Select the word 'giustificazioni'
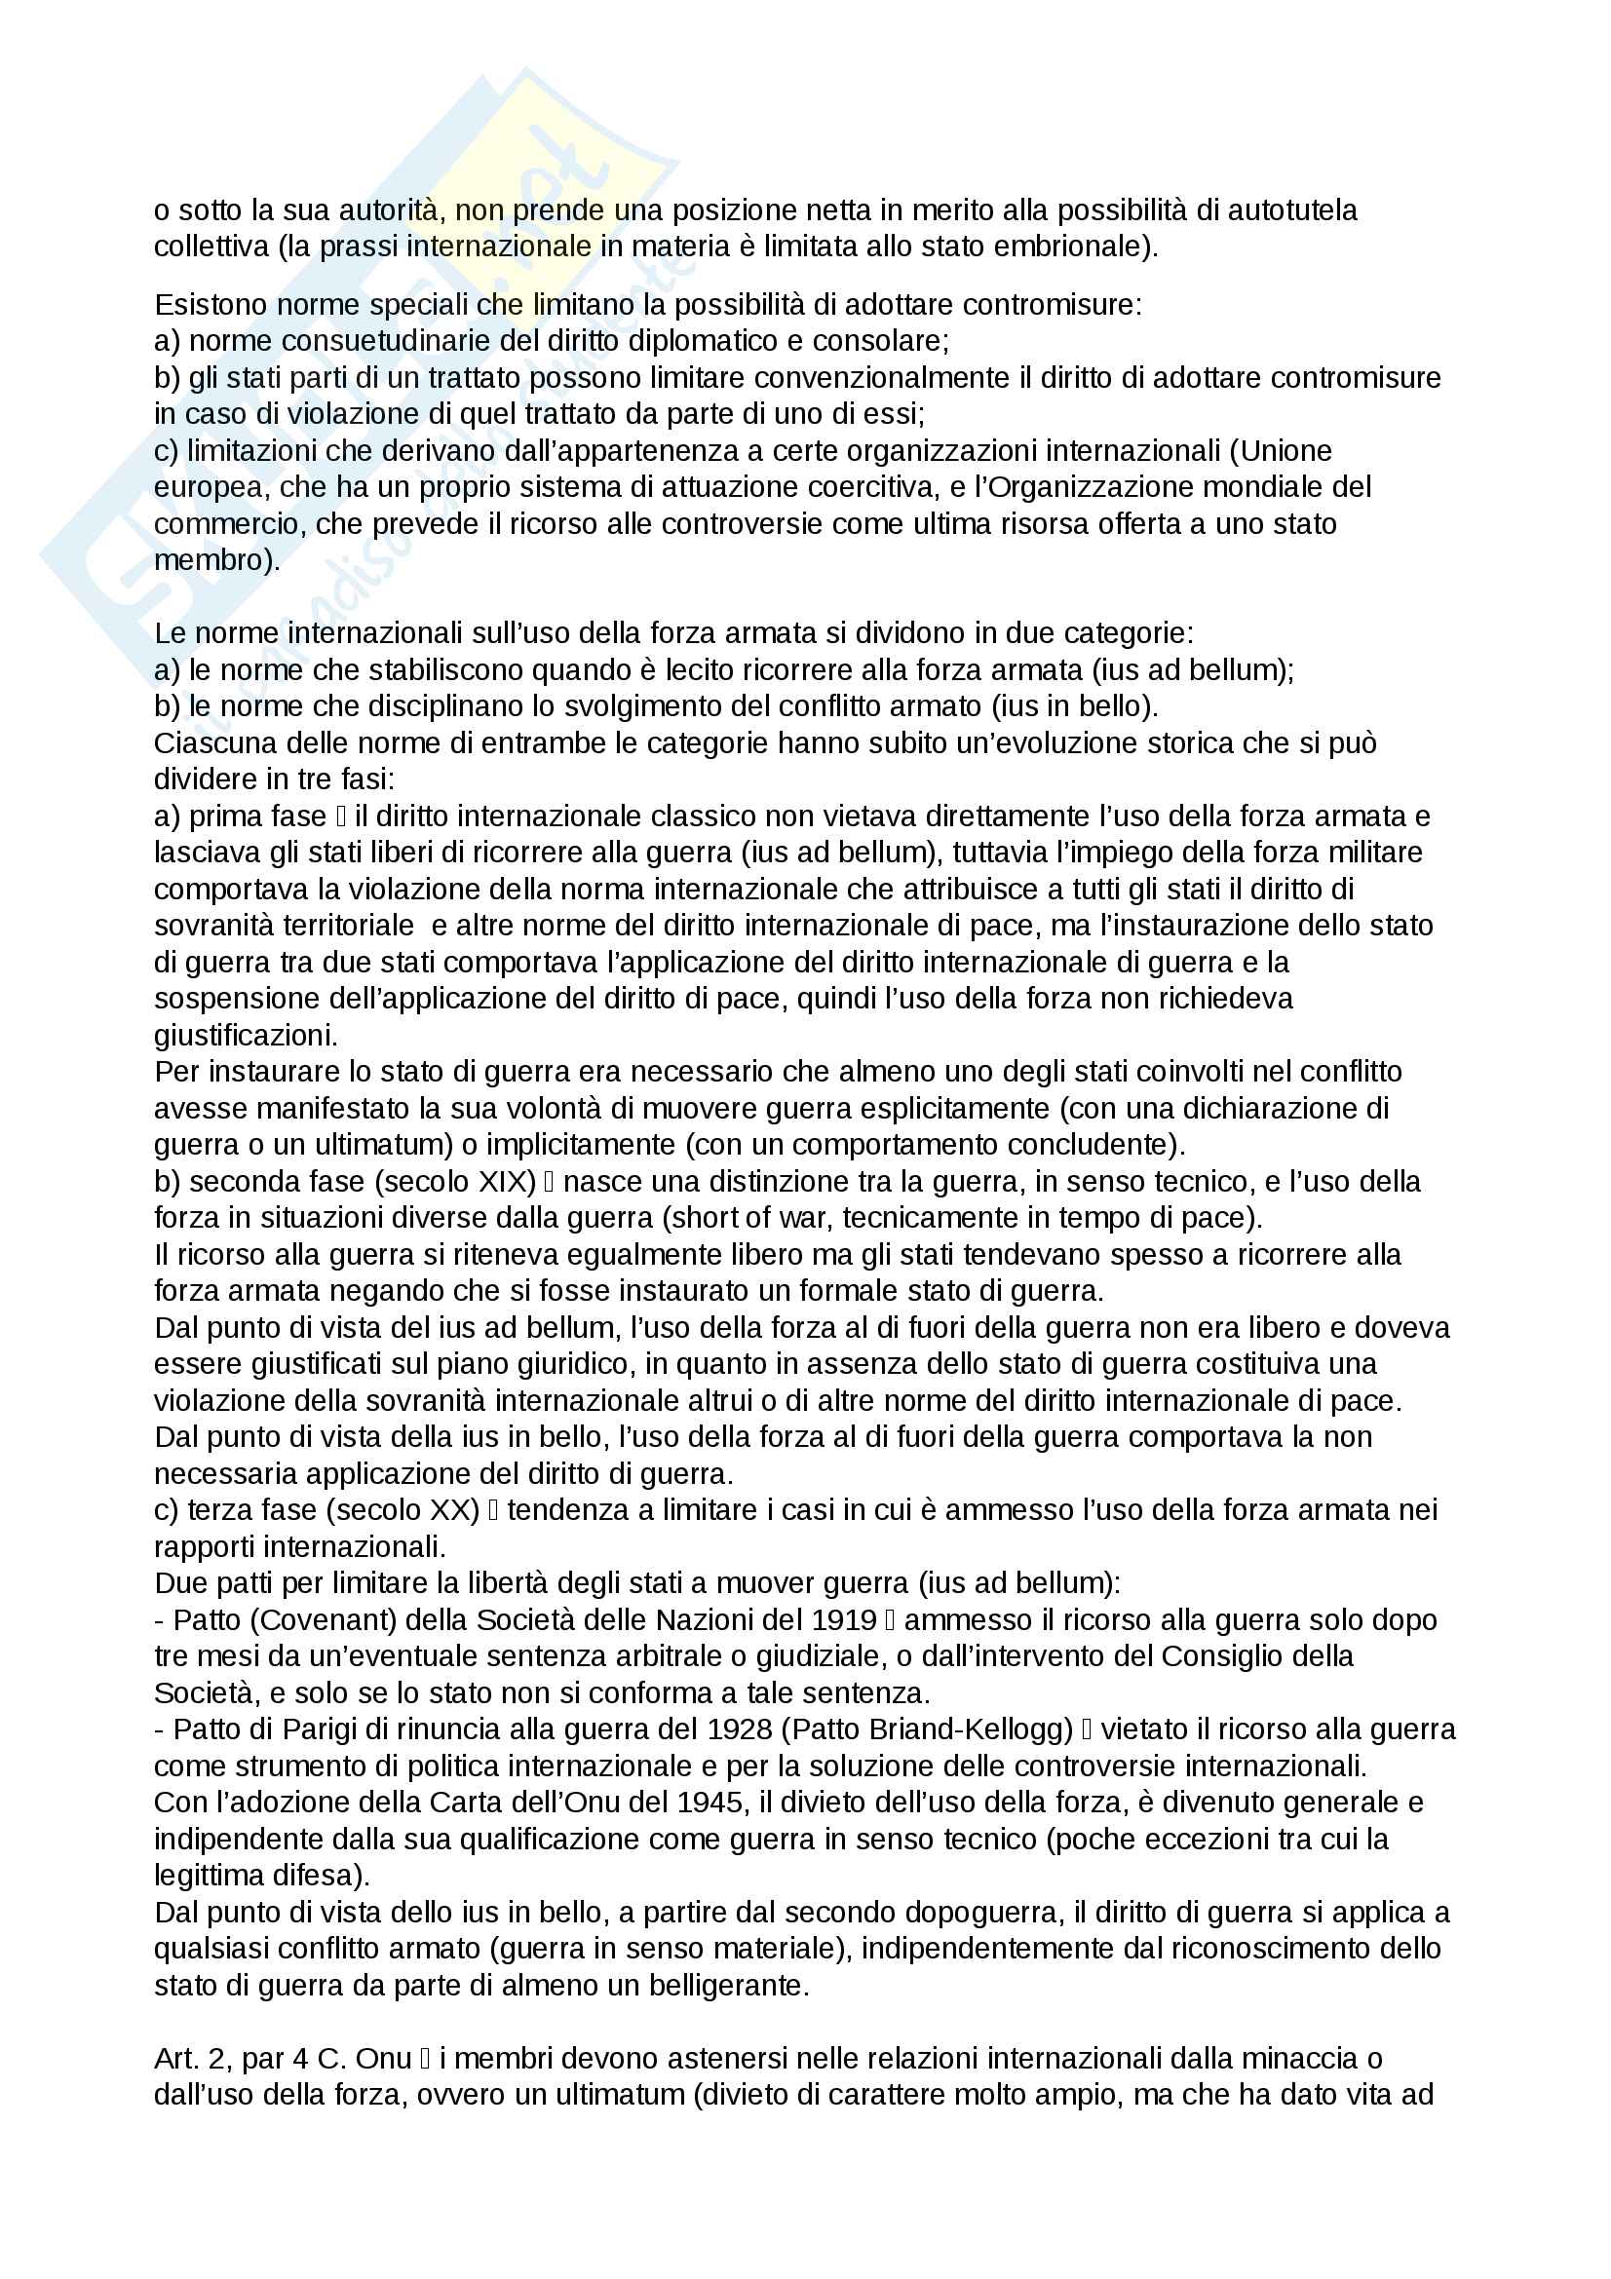245,1036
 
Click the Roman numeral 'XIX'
504,1181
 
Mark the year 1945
710,1803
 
